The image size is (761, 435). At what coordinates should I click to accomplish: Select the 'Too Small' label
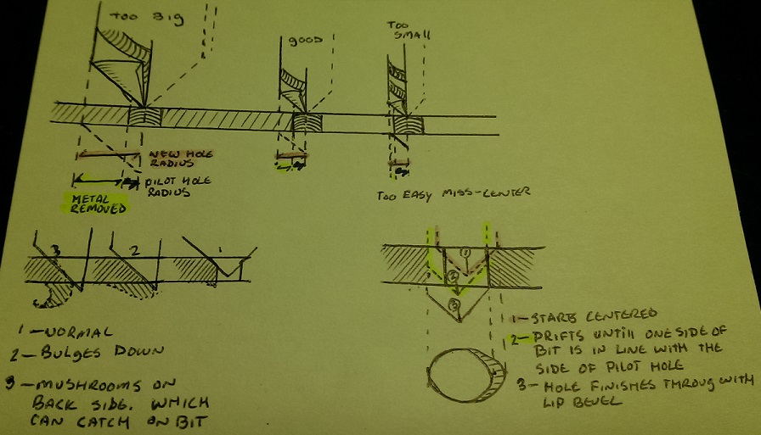point(409,30)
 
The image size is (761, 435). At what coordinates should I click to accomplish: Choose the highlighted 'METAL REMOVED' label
point(94,204)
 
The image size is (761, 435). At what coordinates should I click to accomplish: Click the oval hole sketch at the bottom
point(465,373)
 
